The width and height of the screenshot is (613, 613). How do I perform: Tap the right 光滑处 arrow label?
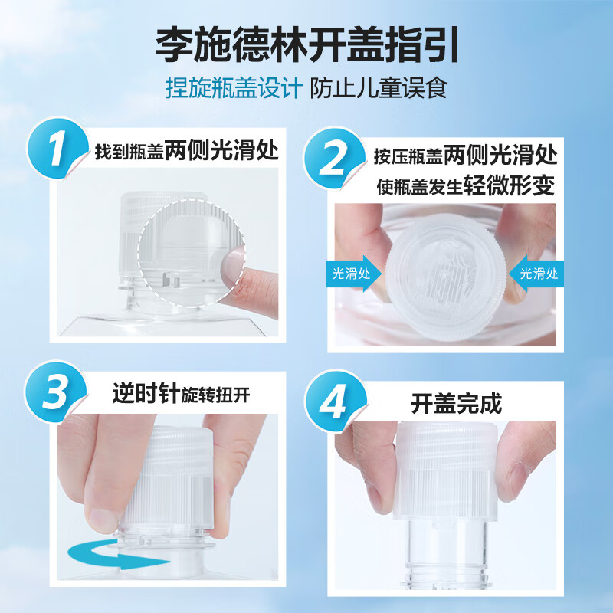(x=539, y=274)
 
